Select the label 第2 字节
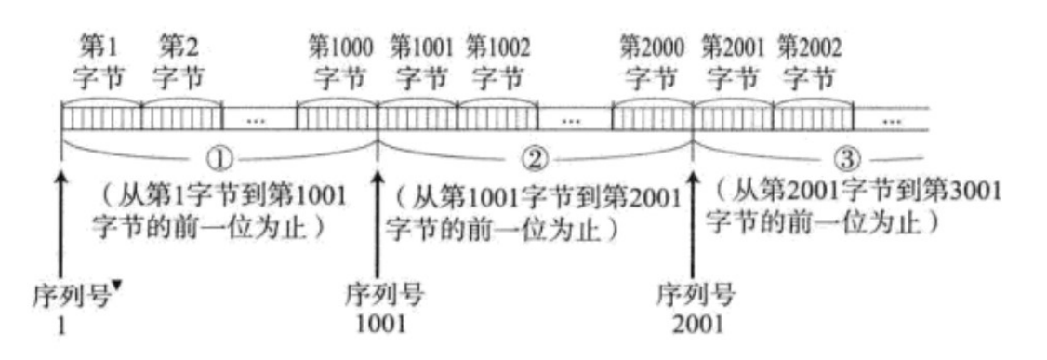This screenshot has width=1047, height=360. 180,60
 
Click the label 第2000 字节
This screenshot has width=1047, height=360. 652,60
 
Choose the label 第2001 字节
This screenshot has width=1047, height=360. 733,60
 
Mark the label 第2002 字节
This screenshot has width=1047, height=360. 811,60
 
